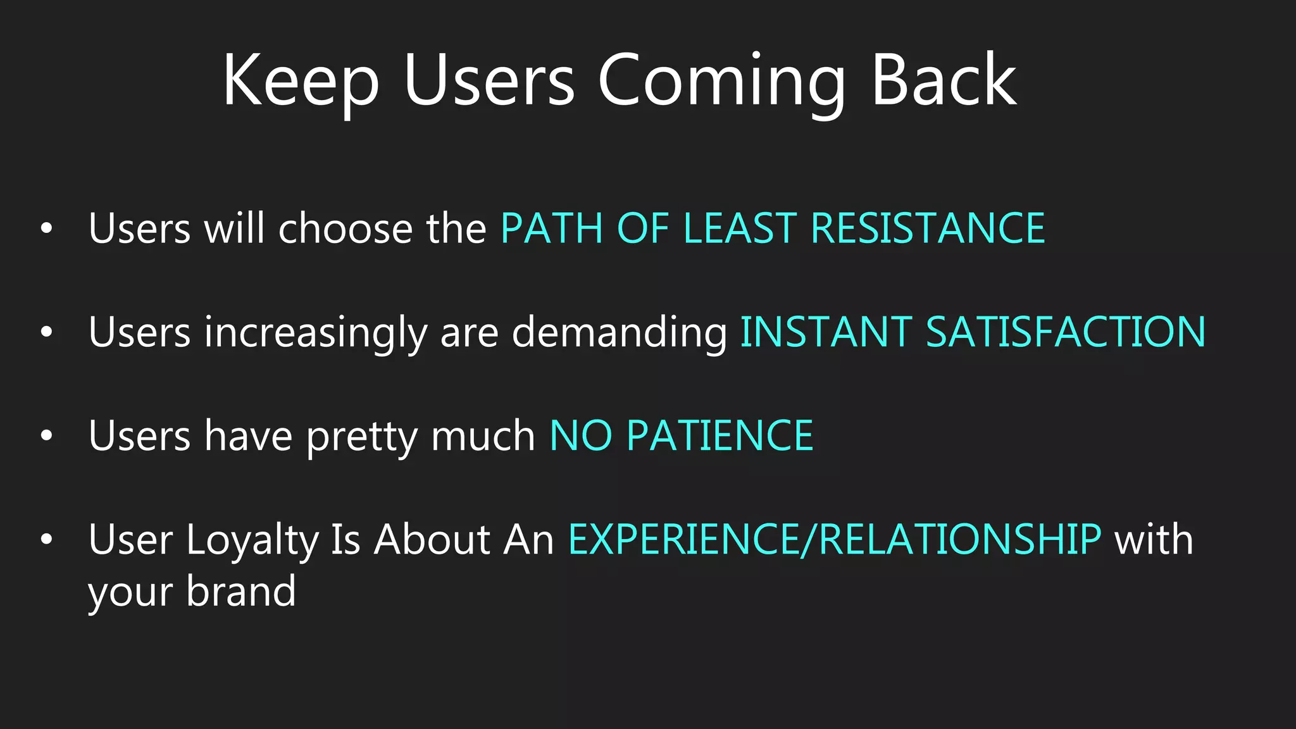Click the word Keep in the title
tap(301, 82)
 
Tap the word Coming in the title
tap(721, 82)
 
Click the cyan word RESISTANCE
tap(928, 228)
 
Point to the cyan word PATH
tap(551, 228)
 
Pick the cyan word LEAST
tap(740, 228)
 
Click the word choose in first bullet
tap(346, 228)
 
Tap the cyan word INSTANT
tap(826, 332)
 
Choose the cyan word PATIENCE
tap(720, 436)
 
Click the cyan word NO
tap(581, 436)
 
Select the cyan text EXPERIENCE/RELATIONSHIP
tap(834, 540)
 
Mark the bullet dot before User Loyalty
tap(46, 540)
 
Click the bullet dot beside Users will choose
tap(46, 228)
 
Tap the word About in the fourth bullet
tap(432, 540)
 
